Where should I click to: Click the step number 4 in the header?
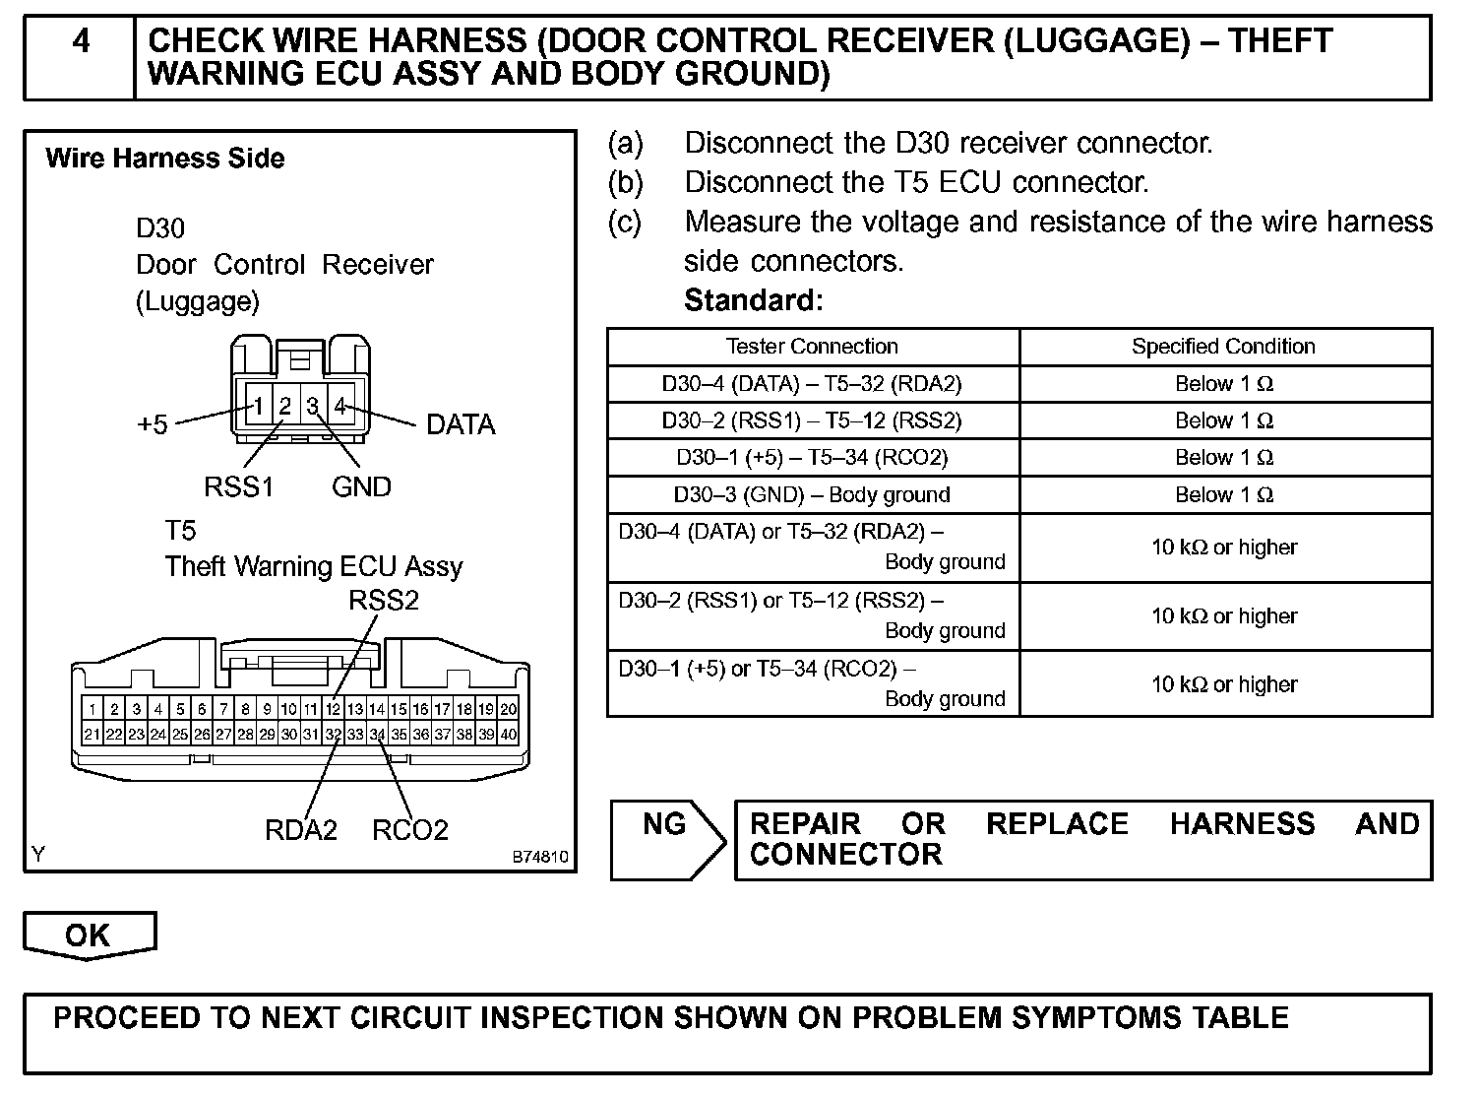click(81, 42)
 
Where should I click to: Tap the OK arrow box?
click(89, 935)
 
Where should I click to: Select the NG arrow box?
click(666, 839)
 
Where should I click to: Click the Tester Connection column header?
click(812, 347)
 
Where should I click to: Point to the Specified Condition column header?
click(1223, 347)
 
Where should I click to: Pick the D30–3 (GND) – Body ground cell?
click(812, 494)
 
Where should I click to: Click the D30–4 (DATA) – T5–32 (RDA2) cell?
click(812, 384)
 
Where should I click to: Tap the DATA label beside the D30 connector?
click(461, 425)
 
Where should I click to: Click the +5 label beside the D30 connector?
click(153, 425)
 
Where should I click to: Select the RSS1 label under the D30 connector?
click(238, 486)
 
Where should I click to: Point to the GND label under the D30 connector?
click(361, 486)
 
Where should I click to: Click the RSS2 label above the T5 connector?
click(384, 601)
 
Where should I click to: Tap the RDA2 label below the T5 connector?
click(301, 830)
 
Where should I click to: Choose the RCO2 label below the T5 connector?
click(410, 830)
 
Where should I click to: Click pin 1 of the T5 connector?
click(92, 709)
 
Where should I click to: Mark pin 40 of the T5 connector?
click(509, 734)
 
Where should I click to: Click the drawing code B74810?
click(540, 857)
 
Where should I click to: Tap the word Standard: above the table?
click(753, 300)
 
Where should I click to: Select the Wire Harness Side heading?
click(165, 159)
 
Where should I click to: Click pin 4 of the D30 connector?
click(340, 405)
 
